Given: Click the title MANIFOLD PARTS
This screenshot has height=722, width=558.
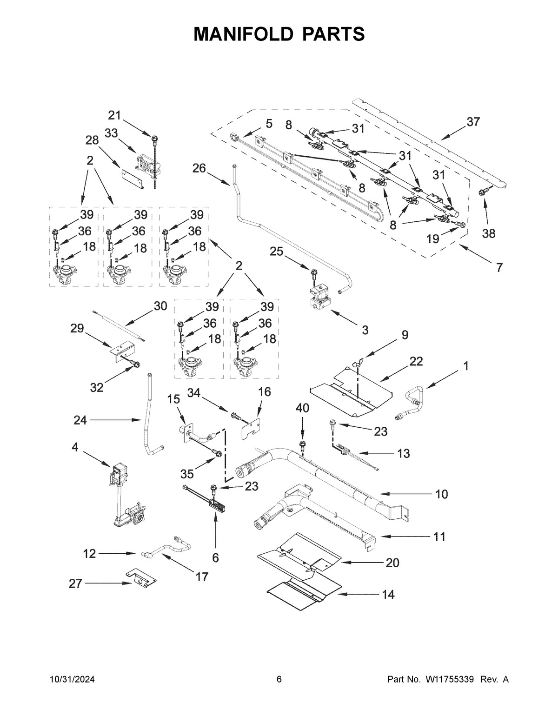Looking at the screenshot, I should (279, 34).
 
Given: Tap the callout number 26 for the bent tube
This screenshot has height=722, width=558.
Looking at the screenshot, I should (199, 168).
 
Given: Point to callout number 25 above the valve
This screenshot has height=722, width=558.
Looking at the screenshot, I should (276, 252).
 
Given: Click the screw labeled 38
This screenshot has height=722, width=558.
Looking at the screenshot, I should (484, 190).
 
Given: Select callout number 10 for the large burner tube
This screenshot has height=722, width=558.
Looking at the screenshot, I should (441, 494).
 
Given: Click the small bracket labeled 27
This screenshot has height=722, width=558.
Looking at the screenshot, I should (140, 578).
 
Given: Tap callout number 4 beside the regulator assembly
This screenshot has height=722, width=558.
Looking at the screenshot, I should (75, 447).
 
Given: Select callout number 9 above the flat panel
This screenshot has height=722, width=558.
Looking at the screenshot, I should (405, 334).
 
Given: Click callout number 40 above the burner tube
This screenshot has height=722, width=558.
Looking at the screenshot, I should (302, 408).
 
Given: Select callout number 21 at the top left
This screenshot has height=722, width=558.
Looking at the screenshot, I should (114, 115).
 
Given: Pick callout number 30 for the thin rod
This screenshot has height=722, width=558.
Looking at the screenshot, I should (159, 306).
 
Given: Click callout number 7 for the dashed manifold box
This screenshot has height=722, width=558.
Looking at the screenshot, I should (499, 268).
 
